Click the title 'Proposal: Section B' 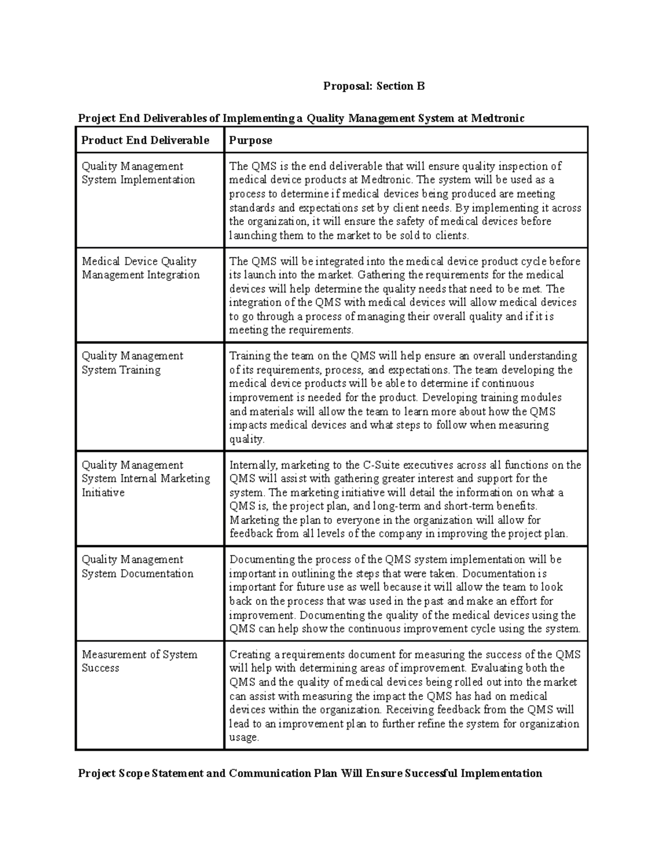point(374,86)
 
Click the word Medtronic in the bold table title point(498,118)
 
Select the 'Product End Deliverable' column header point(145,140)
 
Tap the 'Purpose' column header point(250,140)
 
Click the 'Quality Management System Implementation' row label point(138,173)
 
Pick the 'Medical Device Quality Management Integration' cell point(140,268)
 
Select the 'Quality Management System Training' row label point(132,363)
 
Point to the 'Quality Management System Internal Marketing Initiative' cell point(145,478)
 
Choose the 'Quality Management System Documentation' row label point(137,566)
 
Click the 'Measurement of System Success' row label point(139,661)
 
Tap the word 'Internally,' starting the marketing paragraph point(250,465)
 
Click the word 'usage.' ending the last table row point(244,737)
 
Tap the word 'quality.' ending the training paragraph point(247,439)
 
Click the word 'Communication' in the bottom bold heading point(267,773)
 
